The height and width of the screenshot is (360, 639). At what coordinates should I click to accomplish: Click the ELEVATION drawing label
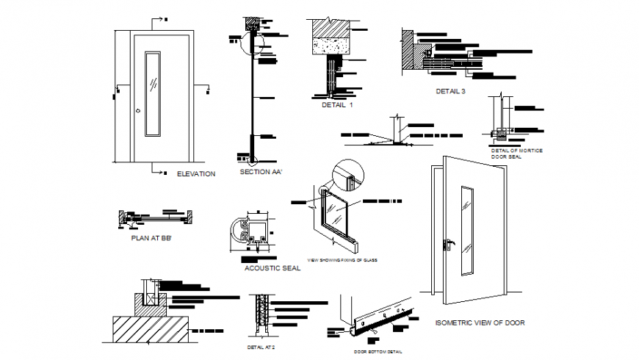click(196, 174)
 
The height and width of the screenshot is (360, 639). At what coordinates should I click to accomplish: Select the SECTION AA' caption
click(261, 172)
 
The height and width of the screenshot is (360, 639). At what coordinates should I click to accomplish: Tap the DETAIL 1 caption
click(337, 105)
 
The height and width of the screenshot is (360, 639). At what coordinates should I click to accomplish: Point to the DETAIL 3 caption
click(450, 91)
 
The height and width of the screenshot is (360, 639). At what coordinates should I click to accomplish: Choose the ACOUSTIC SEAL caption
click(272, 269)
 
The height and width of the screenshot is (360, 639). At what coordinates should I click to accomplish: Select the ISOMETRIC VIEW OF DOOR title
click(480, 323)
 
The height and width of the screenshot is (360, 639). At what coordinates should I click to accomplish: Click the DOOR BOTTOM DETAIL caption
click(379, 352)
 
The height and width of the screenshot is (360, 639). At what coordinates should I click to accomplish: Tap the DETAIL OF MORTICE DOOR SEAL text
click(516, 152)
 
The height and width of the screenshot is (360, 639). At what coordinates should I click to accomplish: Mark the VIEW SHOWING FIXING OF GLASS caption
click(342, 259)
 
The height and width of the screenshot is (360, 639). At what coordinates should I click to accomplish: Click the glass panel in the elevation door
click(152, 93)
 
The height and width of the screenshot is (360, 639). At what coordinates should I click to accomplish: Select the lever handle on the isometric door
click(448, 243)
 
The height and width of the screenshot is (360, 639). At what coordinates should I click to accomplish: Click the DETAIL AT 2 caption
click(261, 347)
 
